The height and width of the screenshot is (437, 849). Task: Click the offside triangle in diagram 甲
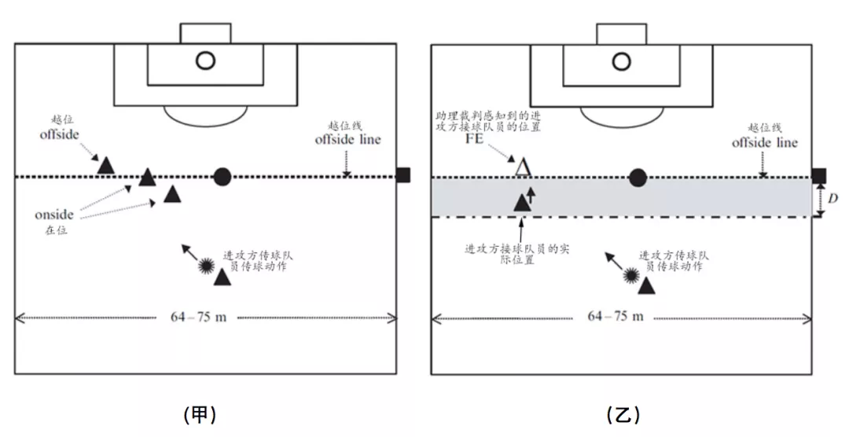106,165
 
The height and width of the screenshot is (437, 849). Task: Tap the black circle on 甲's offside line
222,177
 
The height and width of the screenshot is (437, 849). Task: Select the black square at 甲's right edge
403,175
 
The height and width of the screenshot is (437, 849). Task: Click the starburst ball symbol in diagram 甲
207,266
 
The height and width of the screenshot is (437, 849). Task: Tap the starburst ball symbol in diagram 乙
630,276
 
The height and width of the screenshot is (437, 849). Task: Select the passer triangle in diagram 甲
223,276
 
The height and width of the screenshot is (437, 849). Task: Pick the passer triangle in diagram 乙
647,286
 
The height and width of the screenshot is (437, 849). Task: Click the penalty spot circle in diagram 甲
205,60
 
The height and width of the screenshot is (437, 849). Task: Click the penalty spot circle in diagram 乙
622,60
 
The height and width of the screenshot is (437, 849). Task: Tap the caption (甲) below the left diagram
200,413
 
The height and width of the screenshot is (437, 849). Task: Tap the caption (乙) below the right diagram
623,413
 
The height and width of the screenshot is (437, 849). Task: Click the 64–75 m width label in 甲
198,317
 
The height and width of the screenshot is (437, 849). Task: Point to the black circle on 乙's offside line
638,178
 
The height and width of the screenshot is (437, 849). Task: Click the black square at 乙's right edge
818,175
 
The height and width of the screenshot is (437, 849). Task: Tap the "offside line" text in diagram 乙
764,142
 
